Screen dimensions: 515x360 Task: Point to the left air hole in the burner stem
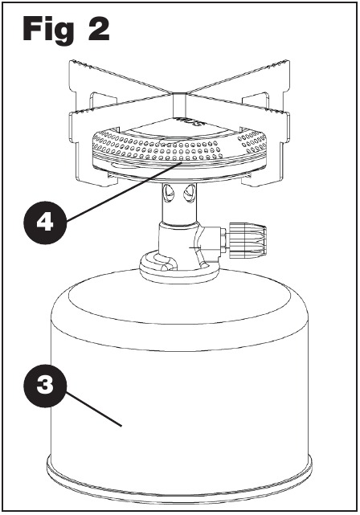[169, 193]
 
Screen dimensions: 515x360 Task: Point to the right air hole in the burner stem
[188, 193]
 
